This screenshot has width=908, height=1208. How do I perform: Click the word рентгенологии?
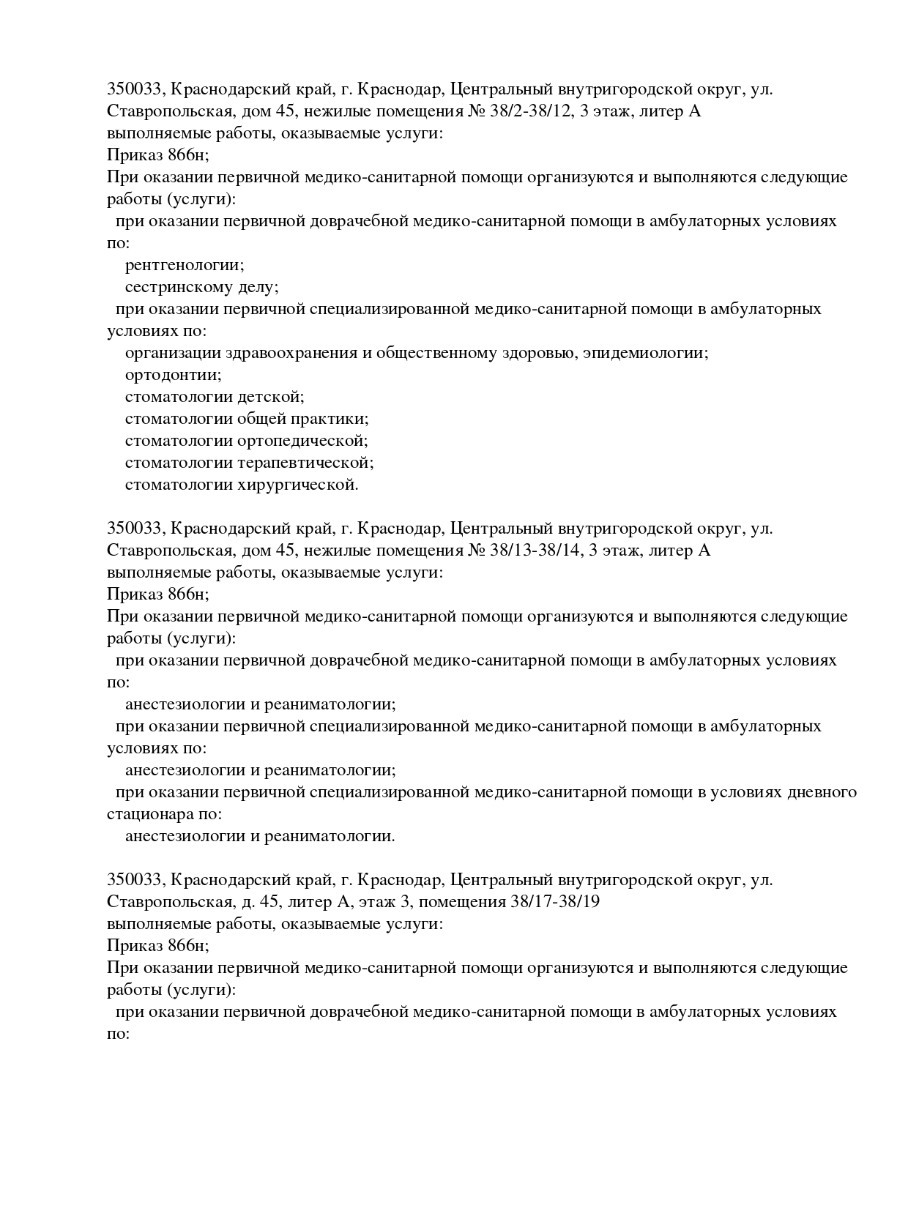(184, 265)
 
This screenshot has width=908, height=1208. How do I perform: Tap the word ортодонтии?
(173, 375)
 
